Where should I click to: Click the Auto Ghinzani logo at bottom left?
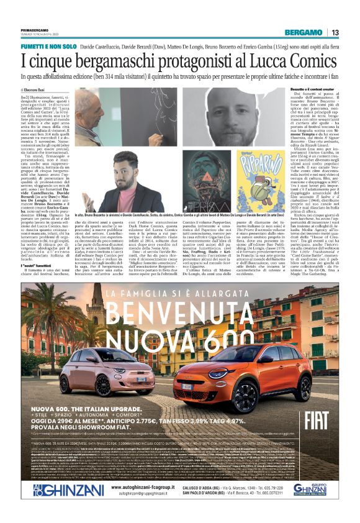point(49,507)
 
